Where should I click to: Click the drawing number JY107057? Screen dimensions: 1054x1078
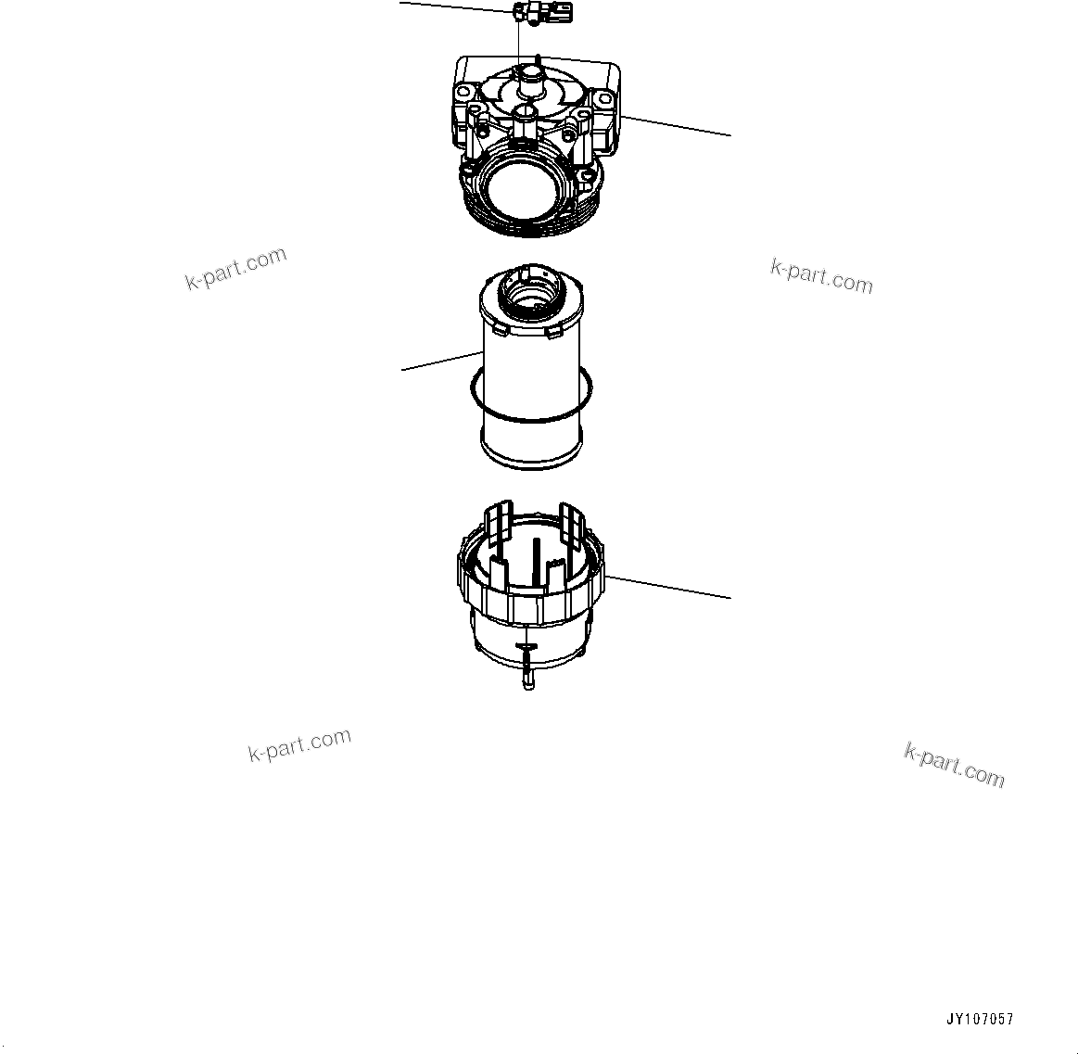(x=980, y=1020)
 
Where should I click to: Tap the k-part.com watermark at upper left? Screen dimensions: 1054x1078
(x=236, y=269)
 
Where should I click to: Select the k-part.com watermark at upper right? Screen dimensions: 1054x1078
(x=821, y=276)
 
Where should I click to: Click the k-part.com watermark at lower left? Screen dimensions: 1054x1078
(x=299, y=744)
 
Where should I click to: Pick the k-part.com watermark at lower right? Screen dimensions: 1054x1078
(x=954, y=765)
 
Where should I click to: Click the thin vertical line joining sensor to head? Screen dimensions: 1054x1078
(x=518, y=42)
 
